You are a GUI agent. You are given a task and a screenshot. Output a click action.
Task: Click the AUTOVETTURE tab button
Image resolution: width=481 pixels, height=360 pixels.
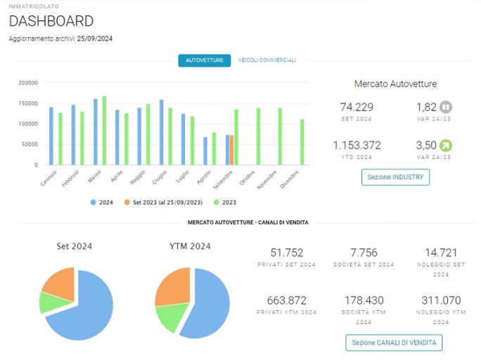205,60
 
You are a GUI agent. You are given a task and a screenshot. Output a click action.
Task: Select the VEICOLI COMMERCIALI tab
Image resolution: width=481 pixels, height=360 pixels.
267,60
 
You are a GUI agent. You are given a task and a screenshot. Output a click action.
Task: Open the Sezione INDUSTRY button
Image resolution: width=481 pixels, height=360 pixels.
395,177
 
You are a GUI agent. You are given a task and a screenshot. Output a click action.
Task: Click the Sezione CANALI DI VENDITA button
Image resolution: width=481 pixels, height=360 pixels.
394,342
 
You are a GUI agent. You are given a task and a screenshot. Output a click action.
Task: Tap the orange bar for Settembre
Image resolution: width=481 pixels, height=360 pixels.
231,150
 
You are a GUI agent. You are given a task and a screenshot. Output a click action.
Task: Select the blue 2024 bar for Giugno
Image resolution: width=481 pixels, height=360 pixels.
161,132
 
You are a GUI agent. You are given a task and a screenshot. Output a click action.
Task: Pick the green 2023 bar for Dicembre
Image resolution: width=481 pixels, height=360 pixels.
302,142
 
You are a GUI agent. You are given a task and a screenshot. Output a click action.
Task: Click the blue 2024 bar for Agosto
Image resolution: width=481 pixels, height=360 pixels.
205,151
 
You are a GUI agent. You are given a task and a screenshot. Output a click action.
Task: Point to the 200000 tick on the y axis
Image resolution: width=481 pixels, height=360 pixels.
28,83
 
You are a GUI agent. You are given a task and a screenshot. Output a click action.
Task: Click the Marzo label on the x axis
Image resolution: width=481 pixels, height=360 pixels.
94,177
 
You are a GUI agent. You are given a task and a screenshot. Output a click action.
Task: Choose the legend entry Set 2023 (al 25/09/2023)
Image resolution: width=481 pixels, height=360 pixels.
163,202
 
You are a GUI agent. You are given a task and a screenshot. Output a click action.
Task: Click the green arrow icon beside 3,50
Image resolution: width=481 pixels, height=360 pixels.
446,146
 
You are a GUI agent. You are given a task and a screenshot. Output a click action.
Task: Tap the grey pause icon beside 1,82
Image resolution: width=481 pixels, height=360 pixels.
446,107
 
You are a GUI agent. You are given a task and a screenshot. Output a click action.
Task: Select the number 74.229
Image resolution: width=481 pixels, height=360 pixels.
357,107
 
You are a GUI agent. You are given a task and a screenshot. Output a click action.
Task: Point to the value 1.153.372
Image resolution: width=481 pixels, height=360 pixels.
357,145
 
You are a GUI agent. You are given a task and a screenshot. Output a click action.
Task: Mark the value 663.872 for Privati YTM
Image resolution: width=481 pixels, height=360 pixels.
286,300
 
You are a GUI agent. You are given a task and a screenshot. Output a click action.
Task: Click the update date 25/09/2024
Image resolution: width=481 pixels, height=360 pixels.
95,39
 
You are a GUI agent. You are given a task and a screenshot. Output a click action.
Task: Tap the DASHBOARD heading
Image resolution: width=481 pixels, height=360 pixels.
51,21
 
